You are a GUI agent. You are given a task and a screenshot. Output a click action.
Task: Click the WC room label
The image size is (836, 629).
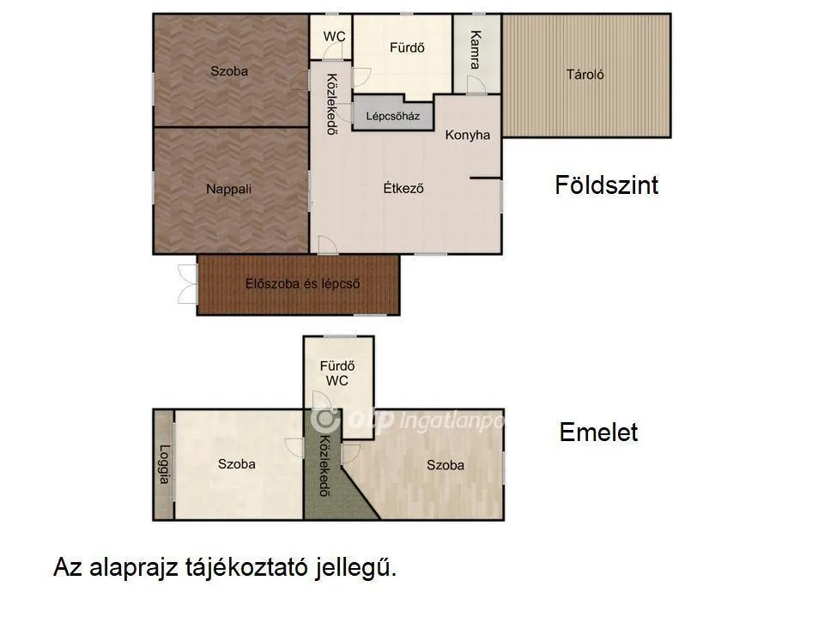tap(333, 37)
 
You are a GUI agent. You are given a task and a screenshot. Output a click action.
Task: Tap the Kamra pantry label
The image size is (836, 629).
tap(475, 51)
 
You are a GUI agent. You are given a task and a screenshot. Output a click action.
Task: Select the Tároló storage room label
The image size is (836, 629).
tap(585, 75)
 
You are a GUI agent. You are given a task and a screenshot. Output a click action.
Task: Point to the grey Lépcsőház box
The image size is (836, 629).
tap(392, 116)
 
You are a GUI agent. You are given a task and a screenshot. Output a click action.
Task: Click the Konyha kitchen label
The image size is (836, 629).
tap(468, 135)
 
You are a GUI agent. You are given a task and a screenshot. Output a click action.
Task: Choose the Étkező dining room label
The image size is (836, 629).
tap(403, 189)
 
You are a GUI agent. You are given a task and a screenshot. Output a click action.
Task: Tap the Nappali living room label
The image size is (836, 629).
tap(229, 189)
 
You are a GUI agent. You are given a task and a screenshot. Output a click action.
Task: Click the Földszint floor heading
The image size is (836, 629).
tap(607, 185)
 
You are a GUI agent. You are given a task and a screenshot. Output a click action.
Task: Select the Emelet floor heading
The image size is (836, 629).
tap(598, 432)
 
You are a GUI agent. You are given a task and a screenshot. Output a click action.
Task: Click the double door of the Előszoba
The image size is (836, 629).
tap(186, 285)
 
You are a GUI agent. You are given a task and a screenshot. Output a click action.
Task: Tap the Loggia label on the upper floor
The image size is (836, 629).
tap(164, 465)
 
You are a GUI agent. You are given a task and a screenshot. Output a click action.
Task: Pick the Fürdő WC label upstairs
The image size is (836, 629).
tap(337, 373)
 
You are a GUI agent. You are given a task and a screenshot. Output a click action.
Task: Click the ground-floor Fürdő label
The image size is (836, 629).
tap(408, 48)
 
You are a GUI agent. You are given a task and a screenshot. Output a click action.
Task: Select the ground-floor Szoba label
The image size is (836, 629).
tap(229, 71)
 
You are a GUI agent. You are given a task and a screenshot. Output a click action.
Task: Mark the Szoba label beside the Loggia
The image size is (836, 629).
tap(237, 464)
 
